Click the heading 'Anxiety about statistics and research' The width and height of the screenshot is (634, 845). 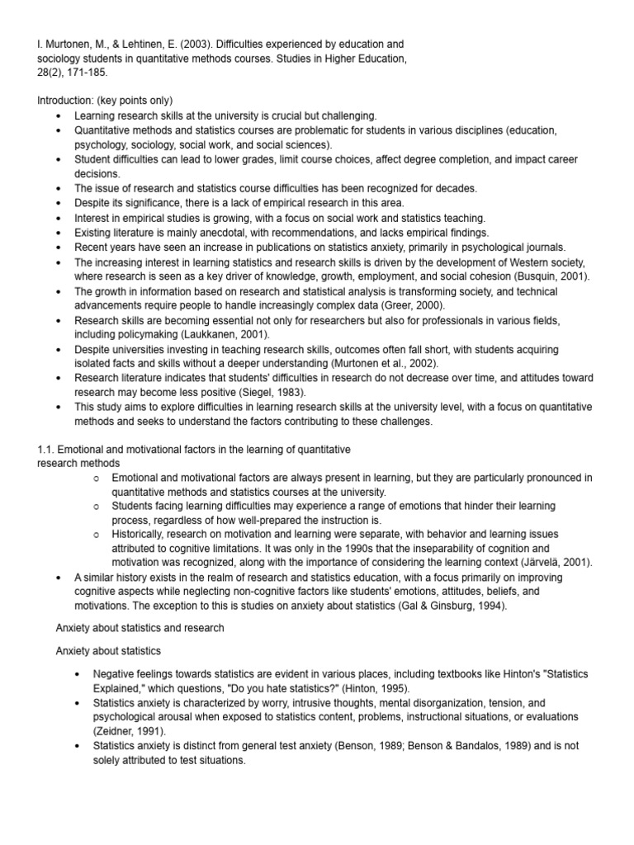140,627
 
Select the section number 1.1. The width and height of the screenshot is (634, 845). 47,449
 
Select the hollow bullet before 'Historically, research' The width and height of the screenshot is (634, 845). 97,535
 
